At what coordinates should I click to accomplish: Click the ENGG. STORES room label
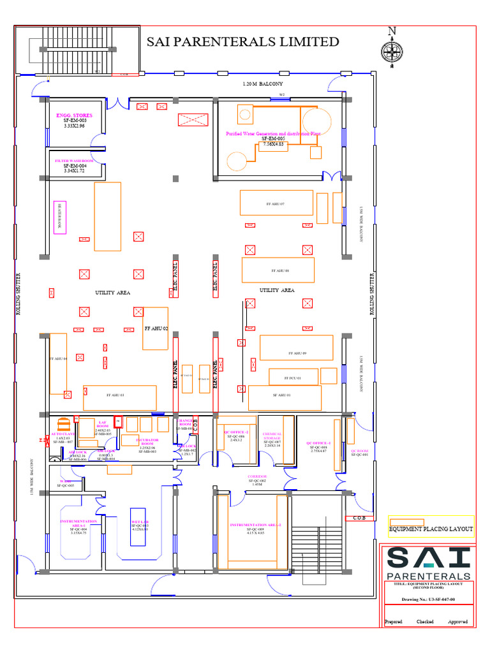point(74,115)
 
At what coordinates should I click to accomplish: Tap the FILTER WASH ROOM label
point(74,161)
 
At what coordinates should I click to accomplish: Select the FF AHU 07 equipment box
point(276,203)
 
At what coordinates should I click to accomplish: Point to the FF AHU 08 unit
point(278,270)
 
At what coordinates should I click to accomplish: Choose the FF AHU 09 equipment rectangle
point(296,348)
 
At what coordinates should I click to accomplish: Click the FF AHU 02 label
point(156,328)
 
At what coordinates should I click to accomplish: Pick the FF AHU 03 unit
point(119,397)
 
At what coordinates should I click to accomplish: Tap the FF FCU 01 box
point(293,378)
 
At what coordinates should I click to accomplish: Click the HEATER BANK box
point(60,217)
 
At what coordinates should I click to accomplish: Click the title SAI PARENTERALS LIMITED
point(243,42)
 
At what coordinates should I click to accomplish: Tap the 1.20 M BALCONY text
point(262,84)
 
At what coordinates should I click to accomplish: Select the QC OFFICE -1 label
point(318,443)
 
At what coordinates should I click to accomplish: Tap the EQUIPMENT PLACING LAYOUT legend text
point(431,529)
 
